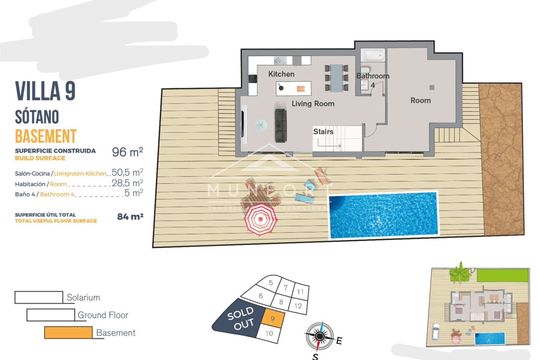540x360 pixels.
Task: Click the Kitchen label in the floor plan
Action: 281,74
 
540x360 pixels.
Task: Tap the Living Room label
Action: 313,103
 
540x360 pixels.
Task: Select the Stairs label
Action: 323,131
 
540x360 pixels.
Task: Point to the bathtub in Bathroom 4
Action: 373,55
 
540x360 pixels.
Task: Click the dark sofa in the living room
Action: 280,125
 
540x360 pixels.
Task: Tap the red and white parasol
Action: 260,219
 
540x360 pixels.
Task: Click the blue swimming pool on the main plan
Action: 383,215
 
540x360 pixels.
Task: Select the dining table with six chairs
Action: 336,78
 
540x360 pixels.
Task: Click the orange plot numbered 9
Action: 273,318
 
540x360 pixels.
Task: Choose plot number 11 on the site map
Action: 300,292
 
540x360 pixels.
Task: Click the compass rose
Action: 319,336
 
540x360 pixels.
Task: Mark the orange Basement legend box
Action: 68,332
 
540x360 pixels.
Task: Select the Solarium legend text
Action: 83,298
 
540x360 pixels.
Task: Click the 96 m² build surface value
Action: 127,152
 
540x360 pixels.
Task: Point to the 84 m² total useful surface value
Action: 130,217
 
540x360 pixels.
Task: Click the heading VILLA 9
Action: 45,91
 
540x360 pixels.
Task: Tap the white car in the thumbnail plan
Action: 435,332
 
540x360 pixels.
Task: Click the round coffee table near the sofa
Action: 261,125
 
